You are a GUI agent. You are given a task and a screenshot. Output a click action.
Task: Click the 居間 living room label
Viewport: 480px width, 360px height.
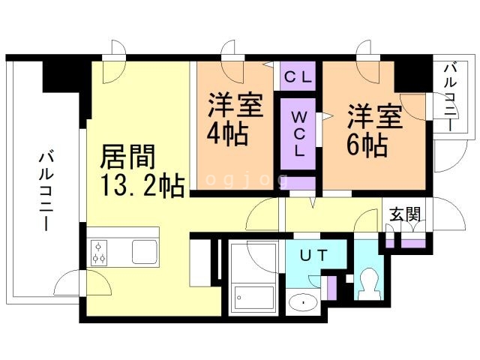click(127, 157)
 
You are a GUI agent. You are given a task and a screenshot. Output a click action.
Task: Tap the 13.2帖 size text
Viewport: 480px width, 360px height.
click(142, 185)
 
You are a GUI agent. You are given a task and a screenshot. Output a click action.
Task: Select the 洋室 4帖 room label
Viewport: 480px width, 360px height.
click(235, 119)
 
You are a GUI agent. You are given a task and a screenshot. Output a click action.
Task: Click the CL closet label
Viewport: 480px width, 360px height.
click(298, 77)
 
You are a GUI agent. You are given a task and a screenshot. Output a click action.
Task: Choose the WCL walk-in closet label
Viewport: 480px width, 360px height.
click(298, 133)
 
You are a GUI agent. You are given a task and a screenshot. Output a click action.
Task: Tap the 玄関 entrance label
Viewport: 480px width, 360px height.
click(405, 214)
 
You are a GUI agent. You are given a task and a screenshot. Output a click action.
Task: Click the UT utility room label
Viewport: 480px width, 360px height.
click(313, 255)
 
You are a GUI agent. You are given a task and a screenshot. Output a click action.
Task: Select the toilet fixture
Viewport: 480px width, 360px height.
click(368, 284)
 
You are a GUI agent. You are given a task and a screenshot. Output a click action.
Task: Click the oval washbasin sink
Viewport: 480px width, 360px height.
click(303, 303)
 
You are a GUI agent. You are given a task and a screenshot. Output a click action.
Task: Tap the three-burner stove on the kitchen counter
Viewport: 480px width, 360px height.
click(99, 253)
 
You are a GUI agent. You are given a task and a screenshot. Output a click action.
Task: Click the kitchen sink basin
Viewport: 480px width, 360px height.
click(145, 252)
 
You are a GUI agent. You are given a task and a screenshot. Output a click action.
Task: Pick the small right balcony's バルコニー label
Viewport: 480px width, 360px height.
click(451, 97)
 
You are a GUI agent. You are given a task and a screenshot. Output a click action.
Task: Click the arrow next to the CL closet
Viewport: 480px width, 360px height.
click(269, 64)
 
